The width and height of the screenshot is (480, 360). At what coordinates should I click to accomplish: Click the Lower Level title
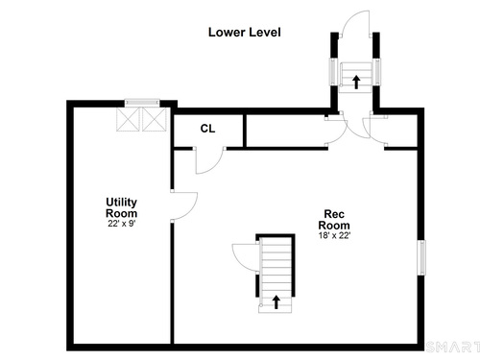pos(245,33)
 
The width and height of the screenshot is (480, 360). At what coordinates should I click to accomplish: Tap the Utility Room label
pos(122,207)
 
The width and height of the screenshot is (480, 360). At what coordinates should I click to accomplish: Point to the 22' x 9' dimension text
pos(122,224)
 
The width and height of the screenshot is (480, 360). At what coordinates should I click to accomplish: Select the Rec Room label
pos(334,220)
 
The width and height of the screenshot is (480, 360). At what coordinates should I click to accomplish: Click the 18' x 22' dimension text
pos(334,235)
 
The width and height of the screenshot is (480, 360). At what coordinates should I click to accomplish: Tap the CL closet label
pos(207,129)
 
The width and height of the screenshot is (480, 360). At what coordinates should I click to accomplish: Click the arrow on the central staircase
pos(276,302)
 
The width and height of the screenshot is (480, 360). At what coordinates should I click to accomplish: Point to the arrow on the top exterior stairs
pos(356,82)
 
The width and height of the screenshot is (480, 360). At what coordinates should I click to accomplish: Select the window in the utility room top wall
pos(142,103)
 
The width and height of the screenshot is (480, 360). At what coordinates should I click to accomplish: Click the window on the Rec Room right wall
pos(422,257)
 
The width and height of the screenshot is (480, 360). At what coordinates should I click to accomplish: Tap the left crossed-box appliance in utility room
pos(128,119)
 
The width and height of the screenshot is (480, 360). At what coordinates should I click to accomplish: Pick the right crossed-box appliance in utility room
pos(155,119)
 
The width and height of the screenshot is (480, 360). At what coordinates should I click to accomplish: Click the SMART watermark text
pos(452,347)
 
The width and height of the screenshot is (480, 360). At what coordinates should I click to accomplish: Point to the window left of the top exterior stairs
pos(333,72)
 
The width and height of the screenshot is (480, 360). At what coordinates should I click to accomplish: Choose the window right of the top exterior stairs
pos(377,72)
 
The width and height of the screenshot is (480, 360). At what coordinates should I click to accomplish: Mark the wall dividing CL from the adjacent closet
pos(245,131)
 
